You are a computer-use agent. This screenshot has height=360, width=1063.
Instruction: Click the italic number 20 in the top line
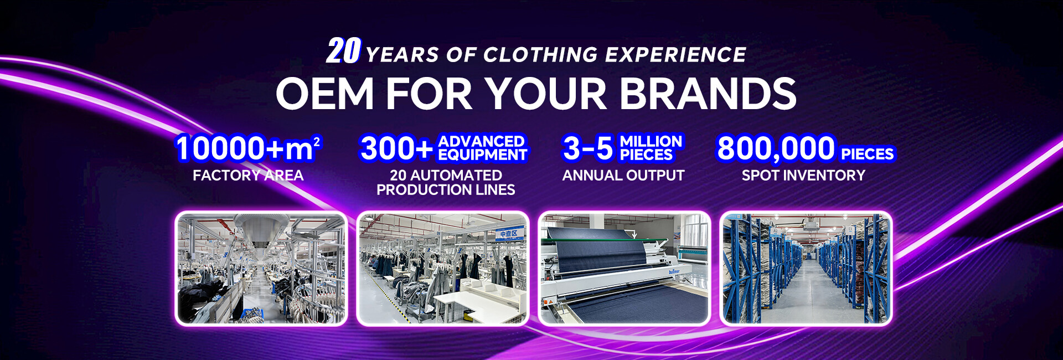tap(343, 51)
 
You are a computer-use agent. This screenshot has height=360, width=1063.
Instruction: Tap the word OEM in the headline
tap(325, 93)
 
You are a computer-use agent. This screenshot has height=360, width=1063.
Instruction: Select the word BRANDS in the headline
tap(708, 93)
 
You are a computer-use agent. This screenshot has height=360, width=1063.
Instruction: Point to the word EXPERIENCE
tap(675, 55)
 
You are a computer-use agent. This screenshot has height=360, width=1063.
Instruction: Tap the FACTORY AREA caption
tap(248, 176)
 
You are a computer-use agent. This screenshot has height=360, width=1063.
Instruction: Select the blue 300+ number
tap(396, 148)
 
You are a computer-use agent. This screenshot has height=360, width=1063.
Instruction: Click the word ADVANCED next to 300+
tap(481, 141)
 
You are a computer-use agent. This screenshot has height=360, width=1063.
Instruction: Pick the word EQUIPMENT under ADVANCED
tap(482, 155)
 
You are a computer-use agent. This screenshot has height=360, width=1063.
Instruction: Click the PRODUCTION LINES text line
tap(446, 190)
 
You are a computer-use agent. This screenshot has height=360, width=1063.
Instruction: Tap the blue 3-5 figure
tap(588, 148)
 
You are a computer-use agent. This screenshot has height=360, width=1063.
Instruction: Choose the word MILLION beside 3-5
tap(651, 141)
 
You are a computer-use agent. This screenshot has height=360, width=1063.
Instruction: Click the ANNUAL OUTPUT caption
tap(623, 176)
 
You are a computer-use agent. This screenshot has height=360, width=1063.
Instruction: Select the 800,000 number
tap(776, 148)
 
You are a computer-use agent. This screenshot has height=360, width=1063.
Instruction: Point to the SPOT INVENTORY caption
tap(803, 176)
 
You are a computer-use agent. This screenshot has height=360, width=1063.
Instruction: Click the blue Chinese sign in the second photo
tap(509, 234)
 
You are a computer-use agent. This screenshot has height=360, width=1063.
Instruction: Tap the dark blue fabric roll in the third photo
tap(594, 253)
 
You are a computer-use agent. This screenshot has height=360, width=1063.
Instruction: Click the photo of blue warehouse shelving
tap(806, 268)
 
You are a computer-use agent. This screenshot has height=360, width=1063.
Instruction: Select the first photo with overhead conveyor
tap(261, 268)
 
